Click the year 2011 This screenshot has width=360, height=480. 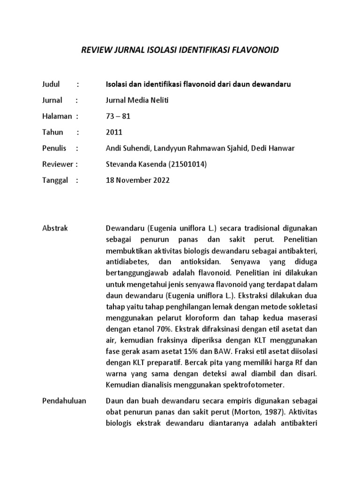click(x=114, y=132)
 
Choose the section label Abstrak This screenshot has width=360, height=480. click(x=55, y=228)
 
